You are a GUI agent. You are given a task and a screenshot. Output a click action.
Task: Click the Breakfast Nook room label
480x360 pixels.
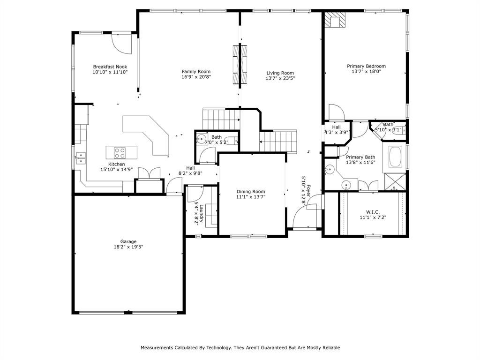click(x=110, y=67)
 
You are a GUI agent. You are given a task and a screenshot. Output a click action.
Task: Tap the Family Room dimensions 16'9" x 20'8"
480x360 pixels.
click(x=196, y=77)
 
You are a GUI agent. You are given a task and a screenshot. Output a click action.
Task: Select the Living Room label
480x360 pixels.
click(x=280, y=73)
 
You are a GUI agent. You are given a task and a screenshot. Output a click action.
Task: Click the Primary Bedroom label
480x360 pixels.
click(x=366, y=66)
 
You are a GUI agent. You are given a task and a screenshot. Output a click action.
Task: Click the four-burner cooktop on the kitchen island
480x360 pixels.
click(x=120, y=152)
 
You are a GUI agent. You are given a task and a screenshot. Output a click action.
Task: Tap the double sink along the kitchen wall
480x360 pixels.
click(x=81, y=157)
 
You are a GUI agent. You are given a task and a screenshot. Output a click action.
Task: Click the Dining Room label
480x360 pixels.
click(x=250, y=191)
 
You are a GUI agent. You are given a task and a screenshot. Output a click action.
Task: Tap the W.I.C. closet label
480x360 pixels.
click(x=369, y=211)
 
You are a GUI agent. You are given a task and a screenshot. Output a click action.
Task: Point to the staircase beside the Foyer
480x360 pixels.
click(x=278, y=142)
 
